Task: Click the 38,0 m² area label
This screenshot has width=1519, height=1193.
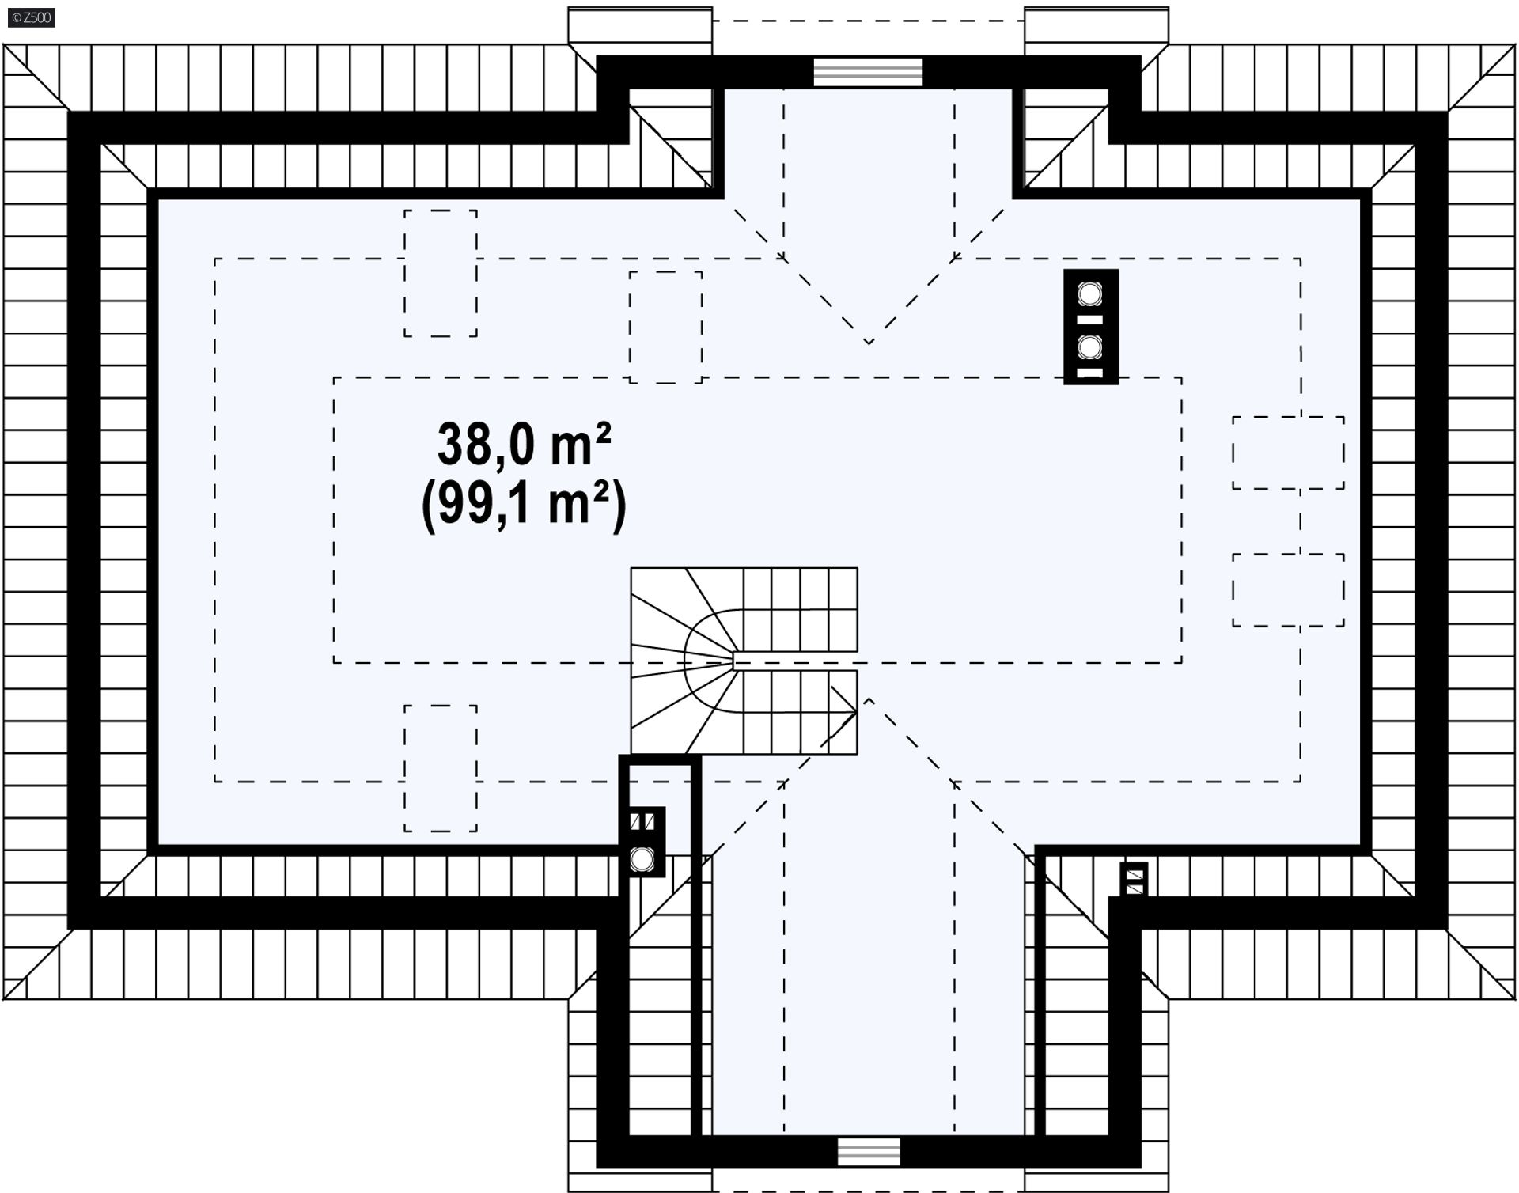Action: click(x=525, y=445)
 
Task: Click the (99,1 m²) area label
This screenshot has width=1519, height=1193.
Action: click(x=525, y=506)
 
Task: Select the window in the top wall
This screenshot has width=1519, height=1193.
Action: click(x=869, y=72)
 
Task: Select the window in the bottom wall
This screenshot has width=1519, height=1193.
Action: click(x=869, y=1152)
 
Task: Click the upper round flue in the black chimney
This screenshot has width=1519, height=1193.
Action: click(x=1090, y=294)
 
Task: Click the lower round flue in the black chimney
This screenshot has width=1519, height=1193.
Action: click(x=1090, y=347)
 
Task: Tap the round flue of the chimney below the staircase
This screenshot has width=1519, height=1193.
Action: click(x=642, y=859)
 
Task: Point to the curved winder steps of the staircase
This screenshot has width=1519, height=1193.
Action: click(x=685, y=661)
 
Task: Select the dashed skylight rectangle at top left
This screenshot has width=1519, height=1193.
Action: click(x=441, y=274)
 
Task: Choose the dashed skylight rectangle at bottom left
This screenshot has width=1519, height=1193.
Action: click(x=441, y=768)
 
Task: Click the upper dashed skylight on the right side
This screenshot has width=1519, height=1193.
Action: click(x=1288, y=453)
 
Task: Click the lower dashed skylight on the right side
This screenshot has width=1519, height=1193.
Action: click(x=1288, y=590)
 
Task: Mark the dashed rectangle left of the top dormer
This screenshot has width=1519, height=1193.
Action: click(x=665, y=328)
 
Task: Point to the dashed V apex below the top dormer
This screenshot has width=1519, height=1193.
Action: click(x=869, y=343)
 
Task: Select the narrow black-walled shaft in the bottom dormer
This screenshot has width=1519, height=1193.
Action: click(x=659, y=949)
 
